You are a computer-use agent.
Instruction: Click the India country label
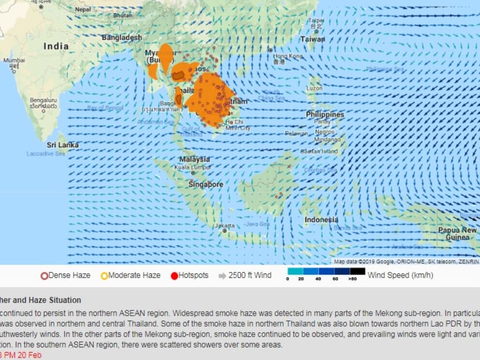tap(56, 46)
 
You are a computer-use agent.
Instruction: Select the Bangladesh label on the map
tap(121, 38)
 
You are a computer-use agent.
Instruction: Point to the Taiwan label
tap(312, 39)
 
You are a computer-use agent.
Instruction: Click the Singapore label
tap(205, 184)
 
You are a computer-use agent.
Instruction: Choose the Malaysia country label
tap(194, 159)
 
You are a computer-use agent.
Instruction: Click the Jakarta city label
tap(224, 225)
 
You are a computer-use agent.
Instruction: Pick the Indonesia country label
tap(322, 220)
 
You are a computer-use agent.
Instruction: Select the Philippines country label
tap(325, 115)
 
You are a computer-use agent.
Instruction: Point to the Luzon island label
tap(315, 89)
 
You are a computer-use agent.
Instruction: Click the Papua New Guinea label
tap(457, 233)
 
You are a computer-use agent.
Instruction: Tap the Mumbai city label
tap(13, 60)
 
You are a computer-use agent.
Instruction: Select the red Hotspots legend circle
tap(174, 275)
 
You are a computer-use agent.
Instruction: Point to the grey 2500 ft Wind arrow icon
tap(222, 275)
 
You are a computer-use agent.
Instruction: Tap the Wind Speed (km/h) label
tap(400, 275)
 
